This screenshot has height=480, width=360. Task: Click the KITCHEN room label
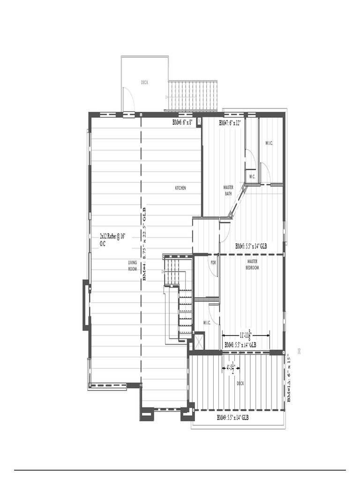[x=180, y=188]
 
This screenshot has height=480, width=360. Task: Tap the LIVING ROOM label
[x=133, y=266]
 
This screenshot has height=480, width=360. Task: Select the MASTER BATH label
[x=228, y=190]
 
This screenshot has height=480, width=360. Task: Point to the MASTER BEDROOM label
[x=252, y=264]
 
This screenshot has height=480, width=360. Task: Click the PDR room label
[x=213, y=262]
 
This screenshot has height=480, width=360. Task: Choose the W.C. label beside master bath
[x=252, y=177]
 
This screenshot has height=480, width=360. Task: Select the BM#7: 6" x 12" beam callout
[x=230, y=123]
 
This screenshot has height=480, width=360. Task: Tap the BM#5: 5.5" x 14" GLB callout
[x=251, y=246]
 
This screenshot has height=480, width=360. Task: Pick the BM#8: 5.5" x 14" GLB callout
[x=240, y=345]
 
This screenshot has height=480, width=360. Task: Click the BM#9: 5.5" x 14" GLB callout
[x=232, y=417]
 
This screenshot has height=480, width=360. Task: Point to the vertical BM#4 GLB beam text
[x=144, y=244]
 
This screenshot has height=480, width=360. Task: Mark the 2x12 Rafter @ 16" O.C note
[x=112, y=240]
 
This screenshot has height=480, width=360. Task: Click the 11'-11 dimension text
[x=245, y=335]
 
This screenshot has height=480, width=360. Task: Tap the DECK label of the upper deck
[x=145, y=82]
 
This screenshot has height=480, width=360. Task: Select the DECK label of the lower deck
[x=240, y=383]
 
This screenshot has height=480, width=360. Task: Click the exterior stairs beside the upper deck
[x=193, y=96]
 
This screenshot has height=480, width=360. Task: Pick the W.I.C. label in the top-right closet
[x=269, y=143]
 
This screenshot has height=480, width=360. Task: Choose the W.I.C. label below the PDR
[x=207, y=322]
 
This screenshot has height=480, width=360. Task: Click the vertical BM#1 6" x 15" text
[x=289, y=379]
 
